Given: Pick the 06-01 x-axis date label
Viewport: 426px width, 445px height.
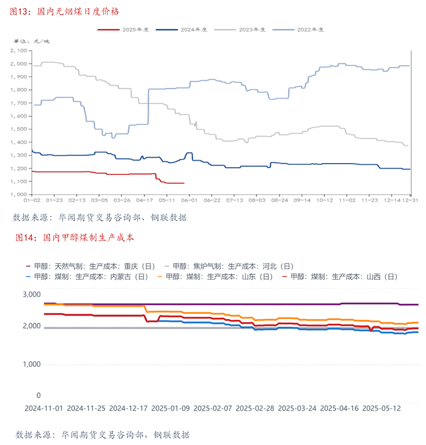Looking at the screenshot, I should click(189, 201).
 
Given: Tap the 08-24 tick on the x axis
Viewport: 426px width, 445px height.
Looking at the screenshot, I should click(279, 201).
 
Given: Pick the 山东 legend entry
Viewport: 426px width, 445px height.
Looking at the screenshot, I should click(219, 276).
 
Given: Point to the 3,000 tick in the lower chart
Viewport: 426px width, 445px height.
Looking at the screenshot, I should click(31, 294).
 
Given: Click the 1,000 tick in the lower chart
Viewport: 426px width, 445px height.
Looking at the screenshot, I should click(31, 365).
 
